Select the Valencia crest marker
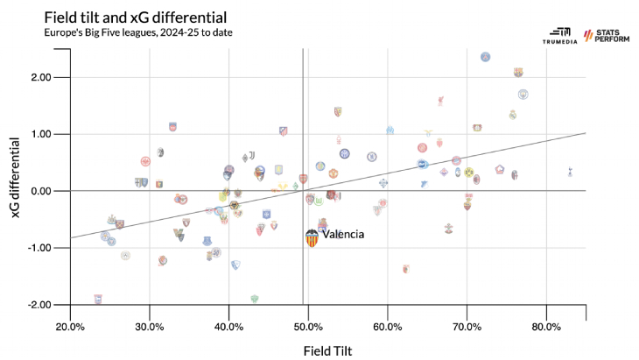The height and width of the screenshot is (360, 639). click(x=312, y=237)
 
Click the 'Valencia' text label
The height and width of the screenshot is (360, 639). click(x=342, y=235)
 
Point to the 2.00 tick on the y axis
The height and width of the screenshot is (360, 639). click(x=39, y=77)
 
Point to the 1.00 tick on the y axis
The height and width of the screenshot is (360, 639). click(x=39, y=134)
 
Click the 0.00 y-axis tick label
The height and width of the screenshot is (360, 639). click(x=39, y=191)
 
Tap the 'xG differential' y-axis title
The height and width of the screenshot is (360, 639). click(x=16, y=191)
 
